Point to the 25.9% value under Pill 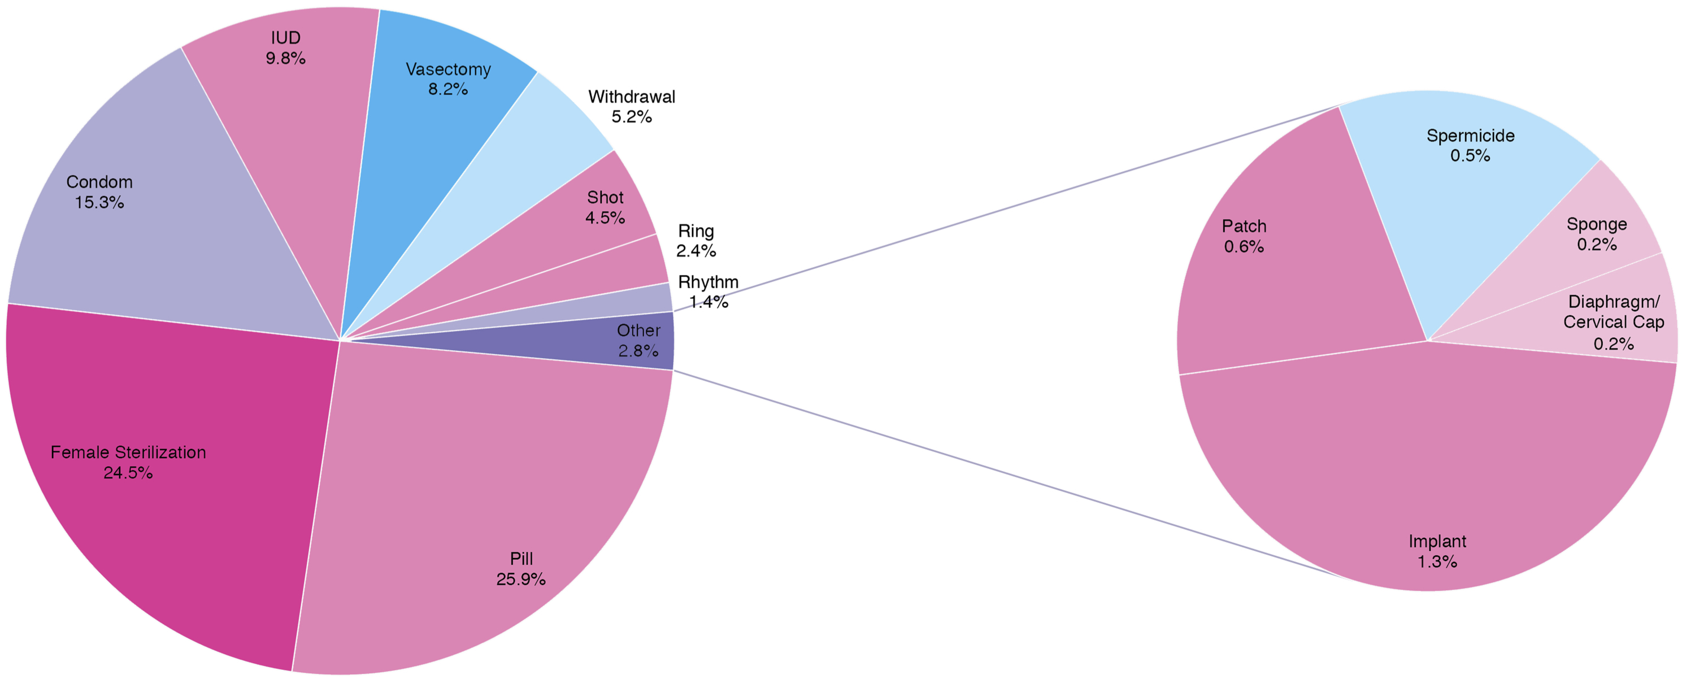pos(520,579)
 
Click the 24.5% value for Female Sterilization pos(128,473)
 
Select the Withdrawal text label pos(632,97)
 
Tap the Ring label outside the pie pos(696,231)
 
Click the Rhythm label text pos(708,282)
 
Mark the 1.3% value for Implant pos(1437,561)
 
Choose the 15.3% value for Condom pos(99,202)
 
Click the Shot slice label pos(605,197)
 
